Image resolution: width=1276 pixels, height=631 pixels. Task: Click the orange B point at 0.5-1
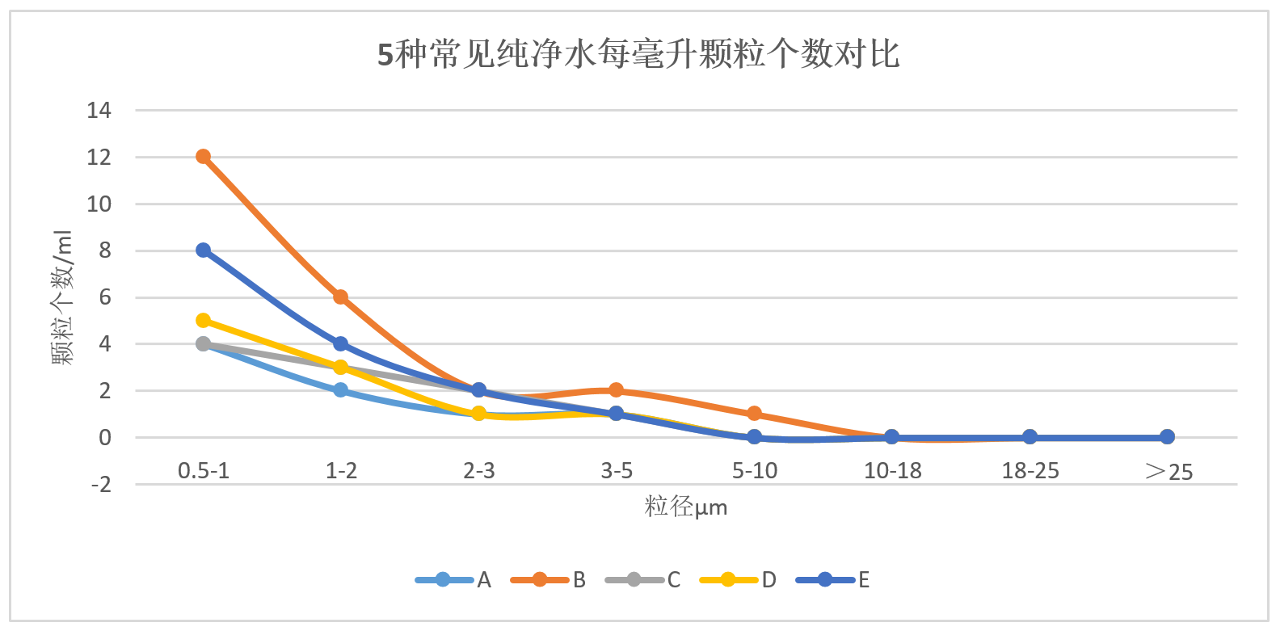click(x=203, y=157)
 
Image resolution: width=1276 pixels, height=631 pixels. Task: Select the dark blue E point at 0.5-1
click(x=203, y=250)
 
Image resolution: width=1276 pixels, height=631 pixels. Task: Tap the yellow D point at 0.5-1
click(x=203, y=321)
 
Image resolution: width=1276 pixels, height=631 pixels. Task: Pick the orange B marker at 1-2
click(x=341, y=297)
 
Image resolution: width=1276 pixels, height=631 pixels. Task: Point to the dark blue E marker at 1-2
click(x=341, y=344)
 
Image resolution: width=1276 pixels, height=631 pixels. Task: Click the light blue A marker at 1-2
click(x=341, y=390)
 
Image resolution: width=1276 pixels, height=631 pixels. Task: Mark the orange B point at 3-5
click(x=617, y=390)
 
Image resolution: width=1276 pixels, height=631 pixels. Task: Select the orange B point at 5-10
click(x=754, y=414)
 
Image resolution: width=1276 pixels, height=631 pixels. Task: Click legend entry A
click(x=453, y=580)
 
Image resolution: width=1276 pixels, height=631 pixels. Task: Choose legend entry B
click(x=549, y=580)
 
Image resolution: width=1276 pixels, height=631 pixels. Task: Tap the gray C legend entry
click(x=643, y=580)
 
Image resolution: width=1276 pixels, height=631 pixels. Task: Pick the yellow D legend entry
click(x=738, y=580)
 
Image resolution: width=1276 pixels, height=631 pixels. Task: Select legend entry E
click(x=833, y=580)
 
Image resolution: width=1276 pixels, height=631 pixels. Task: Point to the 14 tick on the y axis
click(x=99, y=111)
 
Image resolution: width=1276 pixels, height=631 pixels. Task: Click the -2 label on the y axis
click(x=101, y=485)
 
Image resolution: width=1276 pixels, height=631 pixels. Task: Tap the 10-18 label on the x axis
click(x=893, y=471)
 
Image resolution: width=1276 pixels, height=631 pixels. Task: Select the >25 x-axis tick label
click(x=1169, y=472)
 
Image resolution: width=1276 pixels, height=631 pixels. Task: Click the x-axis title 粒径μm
click(x=686, y=507)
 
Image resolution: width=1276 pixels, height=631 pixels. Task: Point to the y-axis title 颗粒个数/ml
click(x=63, y=297)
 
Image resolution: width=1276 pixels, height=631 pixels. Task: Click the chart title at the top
click(x=638, y=55)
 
